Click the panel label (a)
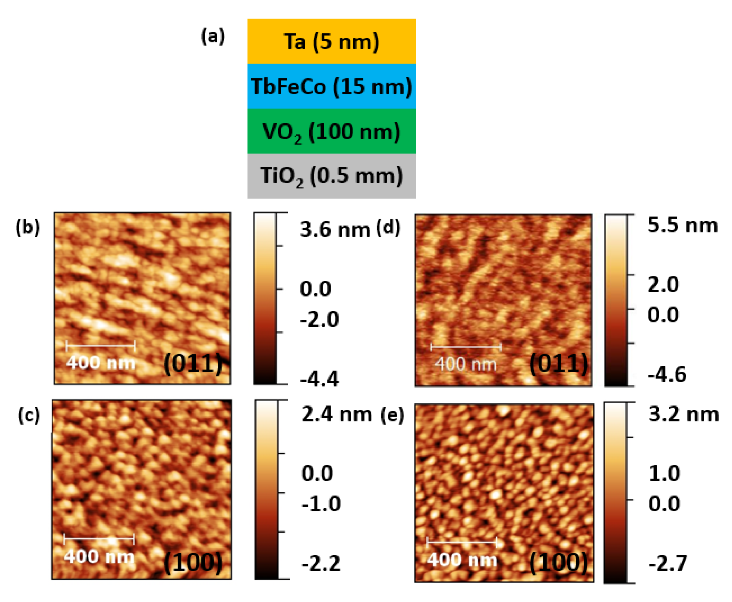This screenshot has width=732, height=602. coord(213,36)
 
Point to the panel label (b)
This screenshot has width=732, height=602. coord(27,228)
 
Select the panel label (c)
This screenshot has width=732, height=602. coord(29,415)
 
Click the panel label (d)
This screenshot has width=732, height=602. coord(388,228)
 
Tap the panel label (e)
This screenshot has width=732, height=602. coord(392,415)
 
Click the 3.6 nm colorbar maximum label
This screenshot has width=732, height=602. coord(335,230)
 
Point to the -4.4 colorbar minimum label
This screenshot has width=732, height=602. coord(319,379)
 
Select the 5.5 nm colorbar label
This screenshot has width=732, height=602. coord(682,225)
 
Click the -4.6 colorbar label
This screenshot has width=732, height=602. coord(667,374)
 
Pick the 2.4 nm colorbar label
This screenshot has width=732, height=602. coord(336,414)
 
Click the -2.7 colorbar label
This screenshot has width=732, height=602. coord(667,563)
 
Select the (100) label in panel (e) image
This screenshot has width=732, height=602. coord(558,562)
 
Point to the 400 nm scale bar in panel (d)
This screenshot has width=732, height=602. coord(465,346)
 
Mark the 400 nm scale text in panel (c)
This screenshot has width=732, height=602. coord(99,557)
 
